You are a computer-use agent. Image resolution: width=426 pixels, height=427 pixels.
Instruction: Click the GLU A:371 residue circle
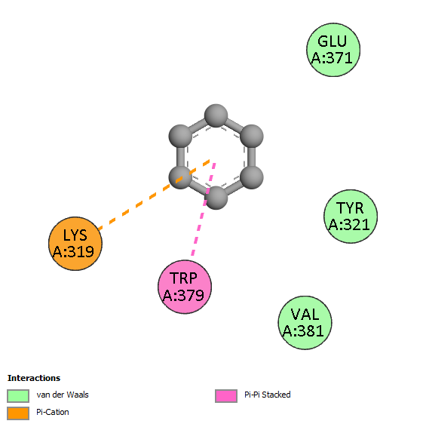333,50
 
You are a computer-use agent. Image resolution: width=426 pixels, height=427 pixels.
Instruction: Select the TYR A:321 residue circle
351,217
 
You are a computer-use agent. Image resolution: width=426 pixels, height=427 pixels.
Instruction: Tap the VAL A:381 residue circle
305,323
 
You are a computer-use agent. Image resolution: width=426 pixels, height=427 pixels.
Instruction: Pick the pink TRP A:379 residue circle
185,287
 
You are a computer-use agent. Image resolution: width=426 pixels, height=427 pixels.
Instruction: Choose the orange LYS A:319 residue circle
75,244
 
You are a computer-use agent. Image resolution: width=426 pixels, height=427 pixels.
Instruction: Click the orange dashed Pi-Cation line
154,195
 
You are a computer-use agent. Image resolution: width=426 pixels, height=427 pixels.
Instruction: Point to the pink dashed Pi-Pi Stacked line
204,209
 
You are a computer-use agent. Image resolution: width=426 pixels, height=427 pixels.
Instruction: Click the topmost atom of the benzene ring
216,115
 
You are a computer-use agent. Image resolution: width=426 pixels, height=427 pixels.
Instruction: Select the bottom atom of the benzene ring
216,198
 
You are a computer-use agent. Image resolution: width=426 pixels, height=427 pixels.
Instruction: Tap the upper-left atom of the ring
180,136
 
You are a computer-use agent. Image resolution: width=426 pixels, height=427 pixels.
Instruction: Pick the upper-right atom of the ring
252,136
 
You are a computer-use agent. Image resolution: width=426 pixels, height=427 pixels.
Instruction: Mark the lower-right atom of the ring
252,177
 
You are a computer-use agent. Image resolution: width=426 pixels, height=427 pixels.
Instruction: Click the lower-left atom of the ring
180,177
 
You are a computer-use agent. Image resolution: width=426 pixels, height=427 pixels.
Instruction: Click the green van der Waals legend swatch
18,396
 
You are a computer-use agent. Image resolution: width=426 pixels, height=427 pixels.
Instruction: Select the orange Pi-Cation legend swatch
18,413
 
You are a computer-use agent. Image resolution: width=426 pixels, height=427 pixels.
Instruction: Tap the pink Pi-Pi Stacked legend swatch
226,396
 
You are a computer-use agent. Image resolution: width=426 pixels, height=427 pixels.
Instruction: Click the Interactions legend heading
34,378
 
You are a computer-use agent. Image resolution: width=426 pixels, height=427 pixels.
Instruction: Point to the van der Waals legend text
63,395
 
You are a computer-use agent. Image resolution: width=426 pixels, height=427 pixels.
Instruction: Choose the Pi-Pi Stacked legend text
268,395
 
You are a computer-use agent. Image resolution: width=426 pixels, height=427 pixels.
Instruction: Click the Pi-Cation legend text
53,412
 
